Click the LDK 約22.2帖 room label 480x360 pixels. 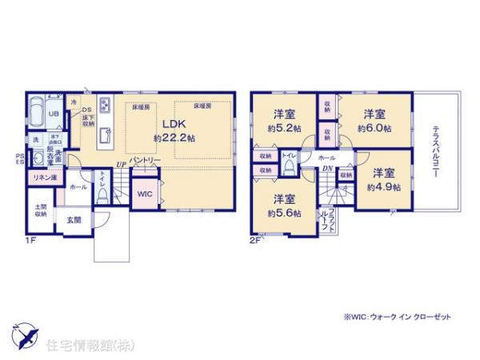coord(174,130)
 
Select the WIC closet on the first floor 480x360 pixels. coord(145,194)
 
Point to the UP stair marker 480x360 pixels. coord(120,165)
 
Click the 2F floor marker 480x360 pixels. coord(255,238)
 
